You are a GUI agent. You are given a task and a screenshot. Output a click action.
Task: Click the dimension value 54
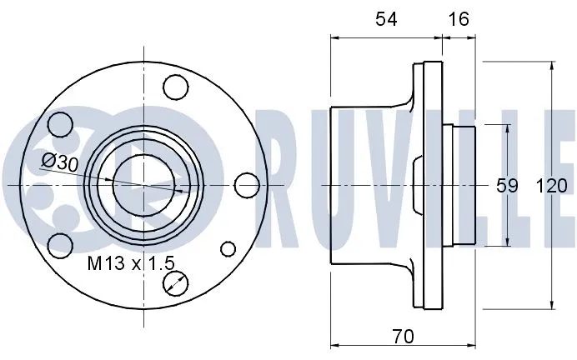coord(384,18)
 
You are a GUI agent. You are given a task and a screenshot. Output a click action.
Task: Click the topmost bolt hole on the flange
coord(174,86)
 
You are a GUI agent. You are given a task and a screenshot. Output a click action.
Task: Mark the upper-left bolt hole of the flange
coord(59,124)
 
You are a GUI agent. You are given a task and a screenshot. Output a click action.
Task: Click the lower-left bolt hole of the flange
coord(58,245)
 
